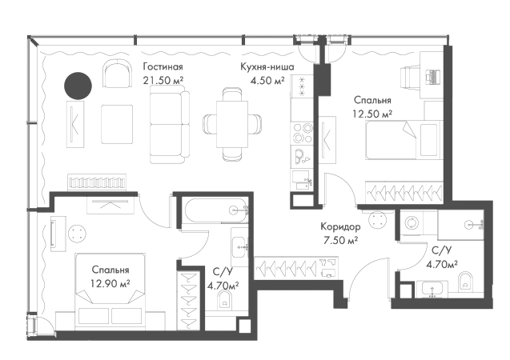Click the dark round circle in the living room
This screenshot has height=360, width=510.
[x=77, y=85]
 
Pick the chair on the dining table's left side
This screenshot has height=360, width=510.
[x=205, y=124]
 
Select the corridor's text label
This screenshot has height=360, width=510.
[x=339, y=232]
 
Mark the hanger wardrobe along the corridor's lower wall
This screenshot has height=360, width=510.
[x=293, y=267]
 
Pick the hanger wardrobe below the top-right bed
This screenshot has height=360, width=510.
[x=404, y=190]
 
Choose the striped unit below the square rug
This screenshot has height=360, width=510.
[x=98, y=182]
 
